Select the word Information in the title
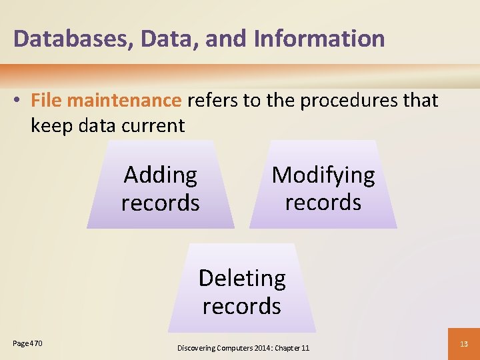tap(319, 39)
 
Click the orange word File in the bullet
tap(46, 101)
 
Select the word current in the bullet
tap(153, 125)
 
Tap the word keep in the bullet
tap(52, 125)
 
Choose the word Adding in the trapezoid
tap(161, 175)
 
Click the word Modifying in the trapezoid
tap(323, 175)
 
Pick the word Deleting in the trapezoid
tap(242, 278)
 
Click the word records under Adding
tap(161, 203)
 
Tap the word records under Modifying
tap(323, 201)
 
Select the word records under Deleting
tap(242, 306)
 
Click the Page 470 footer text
tap(27, 343)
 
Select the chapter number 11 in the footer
tap(305, 348)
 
